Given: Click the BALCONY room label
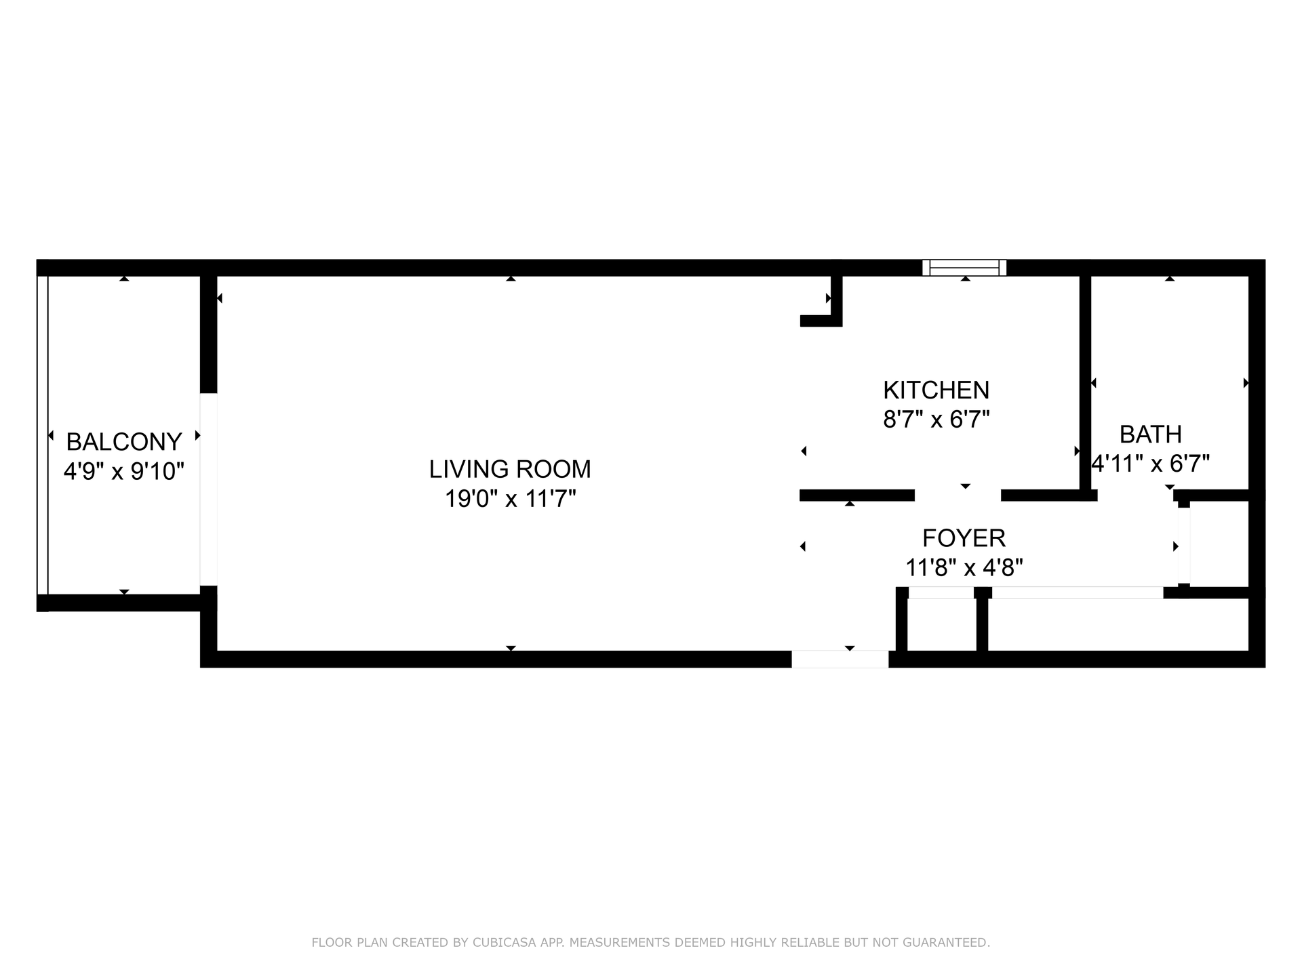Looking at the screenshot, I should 124,442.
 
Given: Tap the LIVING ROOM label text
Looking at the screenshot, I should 510,469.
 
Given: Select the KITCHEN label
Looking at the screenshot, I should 936,390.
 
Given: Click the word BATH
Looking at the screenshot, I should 1150,434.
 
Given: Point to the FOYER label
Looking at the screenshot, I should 964,538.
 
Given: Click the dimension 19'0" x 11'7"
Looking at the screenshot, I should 510,500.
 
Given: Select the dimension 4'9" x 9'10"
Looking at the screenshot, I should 124,471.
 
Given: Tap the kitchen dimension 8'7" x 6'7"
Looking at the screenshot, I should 936,420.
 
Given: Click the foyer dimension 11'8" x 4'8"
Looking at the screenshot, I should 964,567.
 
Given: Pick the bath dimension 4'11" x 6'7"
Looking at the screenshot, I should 1151,464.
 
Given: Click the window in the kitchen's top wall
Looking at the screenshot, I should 964,268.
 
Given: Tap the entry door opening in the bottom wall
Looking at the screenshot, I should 840,659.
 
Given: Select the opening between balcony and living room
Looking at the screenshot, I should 208,489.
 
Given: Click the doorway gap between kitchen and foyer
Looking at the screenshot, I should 958,495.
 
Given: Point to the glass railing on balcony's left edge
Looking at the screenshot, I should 43,434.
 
